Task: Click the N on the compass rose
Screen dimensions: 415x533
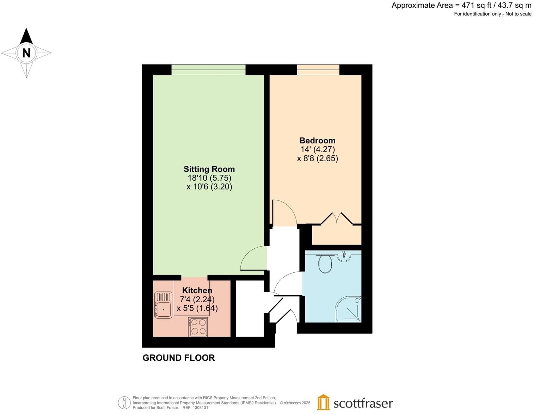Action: tap(26, 53)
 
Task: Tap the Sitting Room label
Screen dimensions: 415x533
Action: tap(209, 169)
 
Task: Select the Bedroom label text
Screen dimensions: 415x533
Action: tap(317, 140)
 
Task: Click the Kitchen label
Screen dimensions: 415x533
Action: tap(197, 290)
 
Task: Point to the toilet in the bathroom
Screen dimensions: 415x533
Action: tap(325, 264)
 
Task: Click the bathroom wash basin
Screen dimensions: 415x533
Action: tap(344, 256)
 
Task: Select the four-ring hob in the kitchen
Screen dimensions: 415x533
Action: tap(198, 327)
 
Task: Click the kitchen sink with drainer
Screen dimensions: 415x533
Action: tap(163, 305)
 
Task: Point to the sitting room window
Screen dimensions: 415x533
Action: tap(208, 70)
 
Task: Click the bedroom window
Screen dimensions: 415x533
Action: tap(318, 70)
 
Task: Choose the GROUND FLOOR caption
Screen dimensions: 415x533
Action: tap(178, 358)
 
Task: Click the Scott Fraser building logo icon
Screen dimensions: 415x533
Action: tap(323, 402)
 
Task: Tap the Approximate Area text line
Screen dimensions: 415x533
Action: tap(461, 6)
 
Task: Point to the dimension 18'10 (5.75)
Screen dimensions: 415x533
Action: tap(209, 178)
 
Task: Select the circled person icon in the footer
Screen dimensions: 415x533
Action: tap(124, 403)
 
